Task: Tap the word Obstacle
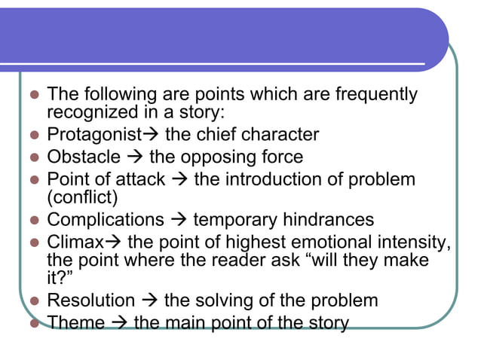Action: pyautogui.click(x=84, y=157)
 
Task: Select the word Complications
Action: pyautogui.click(x=105, y=220)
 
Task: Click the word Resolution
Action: pyautogui.click(x=90, y=301)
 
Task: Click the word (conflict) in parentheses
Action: pyautogui.click(x=82, y=198)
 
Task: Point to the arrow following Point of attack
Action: pyautogui.click(x=179, y=180)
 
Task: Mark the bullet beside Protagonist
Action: pyautogui.click(x=33, y=136)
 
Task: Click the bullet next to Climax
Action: pyautogui.click(x=33, y=243)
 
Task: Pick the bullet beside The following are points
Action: pyautogui.click(x=33, y=96)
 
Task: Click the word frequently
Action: pyautogui.click(x=376, y=96)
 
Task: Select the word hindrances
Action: pyautogui.click(x=329, y=220)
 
